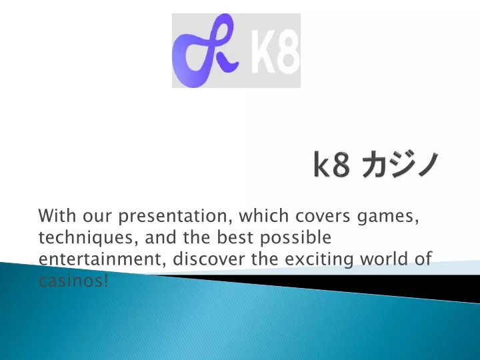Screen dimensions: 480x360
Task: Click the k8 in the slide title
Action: pos(331,164)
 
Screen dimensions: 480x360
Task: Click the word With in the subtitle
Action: pos(57,215)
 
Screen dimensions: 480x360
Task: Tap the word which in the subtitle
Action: pos(264,215)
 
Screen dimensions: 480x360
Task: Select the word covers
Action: pos(323,217)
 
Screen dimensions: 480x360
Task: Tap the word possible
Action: pos(296,238)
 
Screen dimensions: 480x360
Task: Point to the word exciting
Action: pos(319,259)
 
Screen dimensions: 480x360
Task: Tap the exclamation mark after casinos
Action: pos(106,280)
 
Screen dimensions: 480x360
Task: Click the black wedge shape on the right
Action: pos(383,286)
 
